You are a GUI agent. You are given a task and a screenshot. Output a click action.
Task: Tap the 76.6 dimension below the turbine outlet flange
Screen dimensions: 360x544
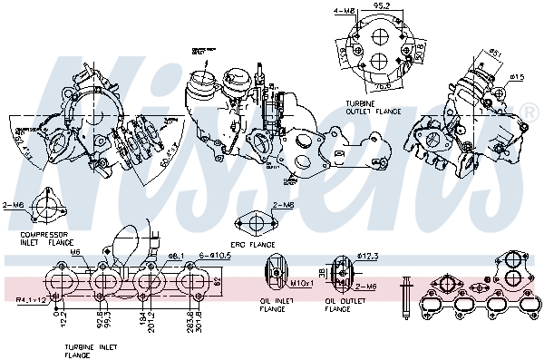[x=383, y=86]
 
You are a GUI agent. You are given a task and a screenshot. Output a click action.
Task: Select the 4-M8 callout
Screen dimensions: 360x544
[x=344, y=11]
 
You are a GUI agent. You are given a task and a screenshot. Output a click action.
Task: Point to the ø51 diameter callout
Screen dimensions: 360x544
[x=496, y=53]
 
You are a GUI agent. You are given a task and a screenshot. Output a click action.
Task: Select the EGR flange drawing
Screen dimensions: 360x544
[x=254, y=223]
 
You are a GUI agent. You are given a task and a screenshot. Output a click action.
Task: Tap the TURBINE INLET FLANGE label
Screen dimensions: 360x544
[x=89, y=351]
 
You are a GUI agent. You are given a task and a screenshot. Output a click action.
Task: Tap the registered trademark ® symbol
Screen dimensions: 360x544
[x=529, y=112]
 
